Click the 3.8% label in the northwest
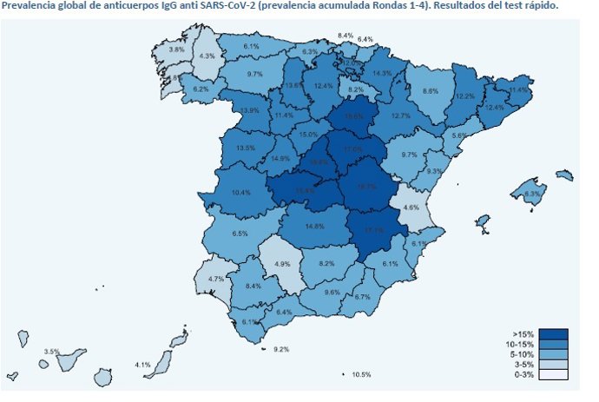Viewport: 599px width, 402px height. (176, 49)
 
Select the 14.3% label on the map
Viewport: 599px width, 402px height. (382, 73)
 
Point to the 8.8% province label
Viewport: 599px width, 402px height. (430, 91)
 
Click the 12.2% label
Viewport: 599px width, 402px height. (465, 96)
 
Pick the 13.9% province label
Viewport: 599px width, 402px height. (251, 110)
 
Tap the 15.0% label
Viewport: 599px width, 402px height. (308, 135)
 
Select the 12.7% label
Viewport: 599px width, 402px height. (401, 115)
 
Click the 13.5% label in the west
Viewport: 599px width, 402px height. (246, 148)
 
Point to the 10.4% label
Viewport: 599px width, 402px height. (241, 192)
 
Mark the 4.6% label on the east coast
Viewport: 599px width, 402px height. (411, 207)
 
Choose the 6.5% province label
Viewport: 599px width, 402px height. (240, 234)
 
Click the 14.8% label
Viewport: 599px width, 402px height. (314, 227)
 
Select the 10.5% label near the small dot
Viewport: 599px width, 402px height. (361, 374)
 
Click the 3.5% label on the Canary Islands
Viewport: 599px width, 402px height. (51, 351)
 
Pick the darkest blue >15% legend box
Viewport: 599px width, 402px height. (552, 334)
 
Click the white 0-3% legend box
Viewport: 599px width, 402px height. (552, 375)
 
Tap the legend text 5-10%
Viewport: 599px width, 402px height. (523, 355)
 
